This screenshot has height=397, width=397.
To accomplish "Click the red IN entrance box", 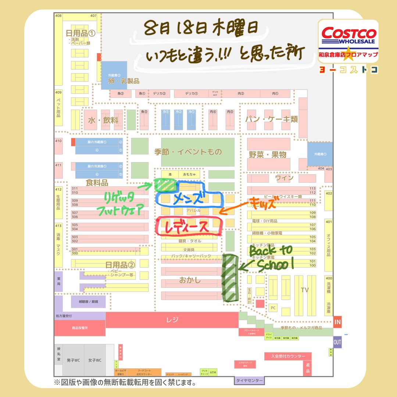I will click(x=337, y=322).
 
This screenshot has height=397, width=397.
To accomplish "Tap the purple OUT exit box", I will click(x=337, y=342).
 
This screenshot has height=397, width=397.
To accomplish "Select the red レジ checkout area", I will click(x=172, y=320).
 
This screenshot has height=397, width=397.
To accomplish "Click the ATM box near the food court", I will click(x=213, y=372).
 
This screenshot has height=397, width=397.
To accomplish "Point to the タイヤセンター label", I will click(x=249, y=380).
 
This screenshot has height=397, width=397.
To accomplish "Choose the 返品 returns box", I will click(x=307, y=368).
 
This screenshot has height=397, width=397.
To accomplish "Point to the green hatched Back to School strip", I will click(x=230, y=278).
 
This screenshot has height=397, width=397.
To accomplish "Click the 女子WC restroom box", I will click(x=94, y=360).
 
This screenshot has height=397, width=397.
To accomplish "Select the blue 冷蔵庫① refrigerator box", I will click(x=320, y=154).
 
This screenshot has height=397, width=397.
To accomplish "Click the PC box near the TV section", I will click(x=273, y=307).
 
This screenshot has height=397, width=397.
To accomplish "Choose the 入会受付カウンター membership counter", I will click(x=288, y=356).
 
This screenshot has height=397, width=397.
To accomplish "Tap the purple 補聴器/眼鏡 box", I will click(x=88, y=302).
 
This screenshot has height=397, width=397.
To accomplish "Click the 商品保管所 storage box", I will click(x=80, y=328).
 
